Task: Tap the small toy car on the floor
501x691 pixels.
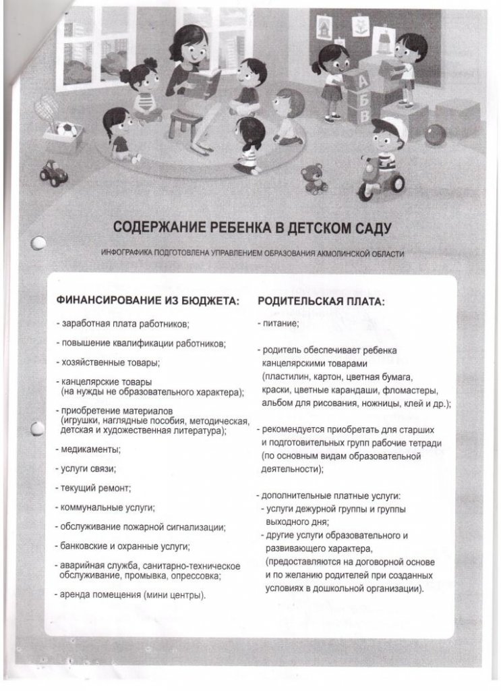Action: tap(53, 173)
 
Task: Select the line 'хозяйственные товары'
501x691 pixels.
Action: tap(110, 362)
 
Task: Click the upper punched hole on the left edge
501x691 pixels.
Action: tap(38, 242)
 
